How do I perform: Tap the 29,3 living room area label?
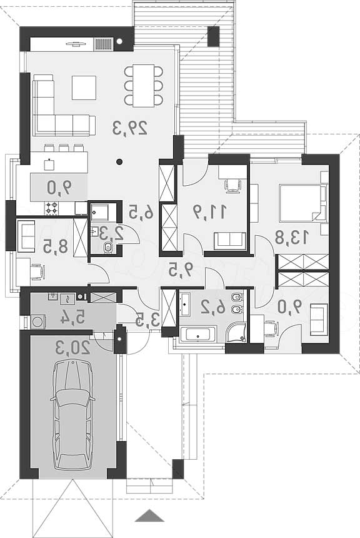point(130,127)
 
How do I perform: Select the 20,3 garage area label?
point(72,348)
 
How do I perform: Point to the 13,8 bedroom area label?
point(292,236)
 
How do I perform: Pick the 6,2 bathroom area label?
point(213,307)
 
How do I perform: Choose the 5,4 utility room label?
point(72,317)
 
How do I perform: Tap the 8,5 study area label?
point(56,246)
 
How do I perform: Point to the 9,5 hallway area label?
point(181,270)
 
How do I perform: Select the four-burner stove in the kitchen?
point(52,208)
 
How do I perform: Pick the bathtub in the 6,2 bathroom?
point(198,335)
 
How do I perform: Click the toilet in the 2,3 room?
point(108,247)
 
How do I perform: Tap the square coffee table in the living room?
point(84,88)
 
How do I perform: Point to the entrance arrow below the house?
point(149,515)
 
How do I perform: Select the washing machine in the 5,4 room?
point(37,322)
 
